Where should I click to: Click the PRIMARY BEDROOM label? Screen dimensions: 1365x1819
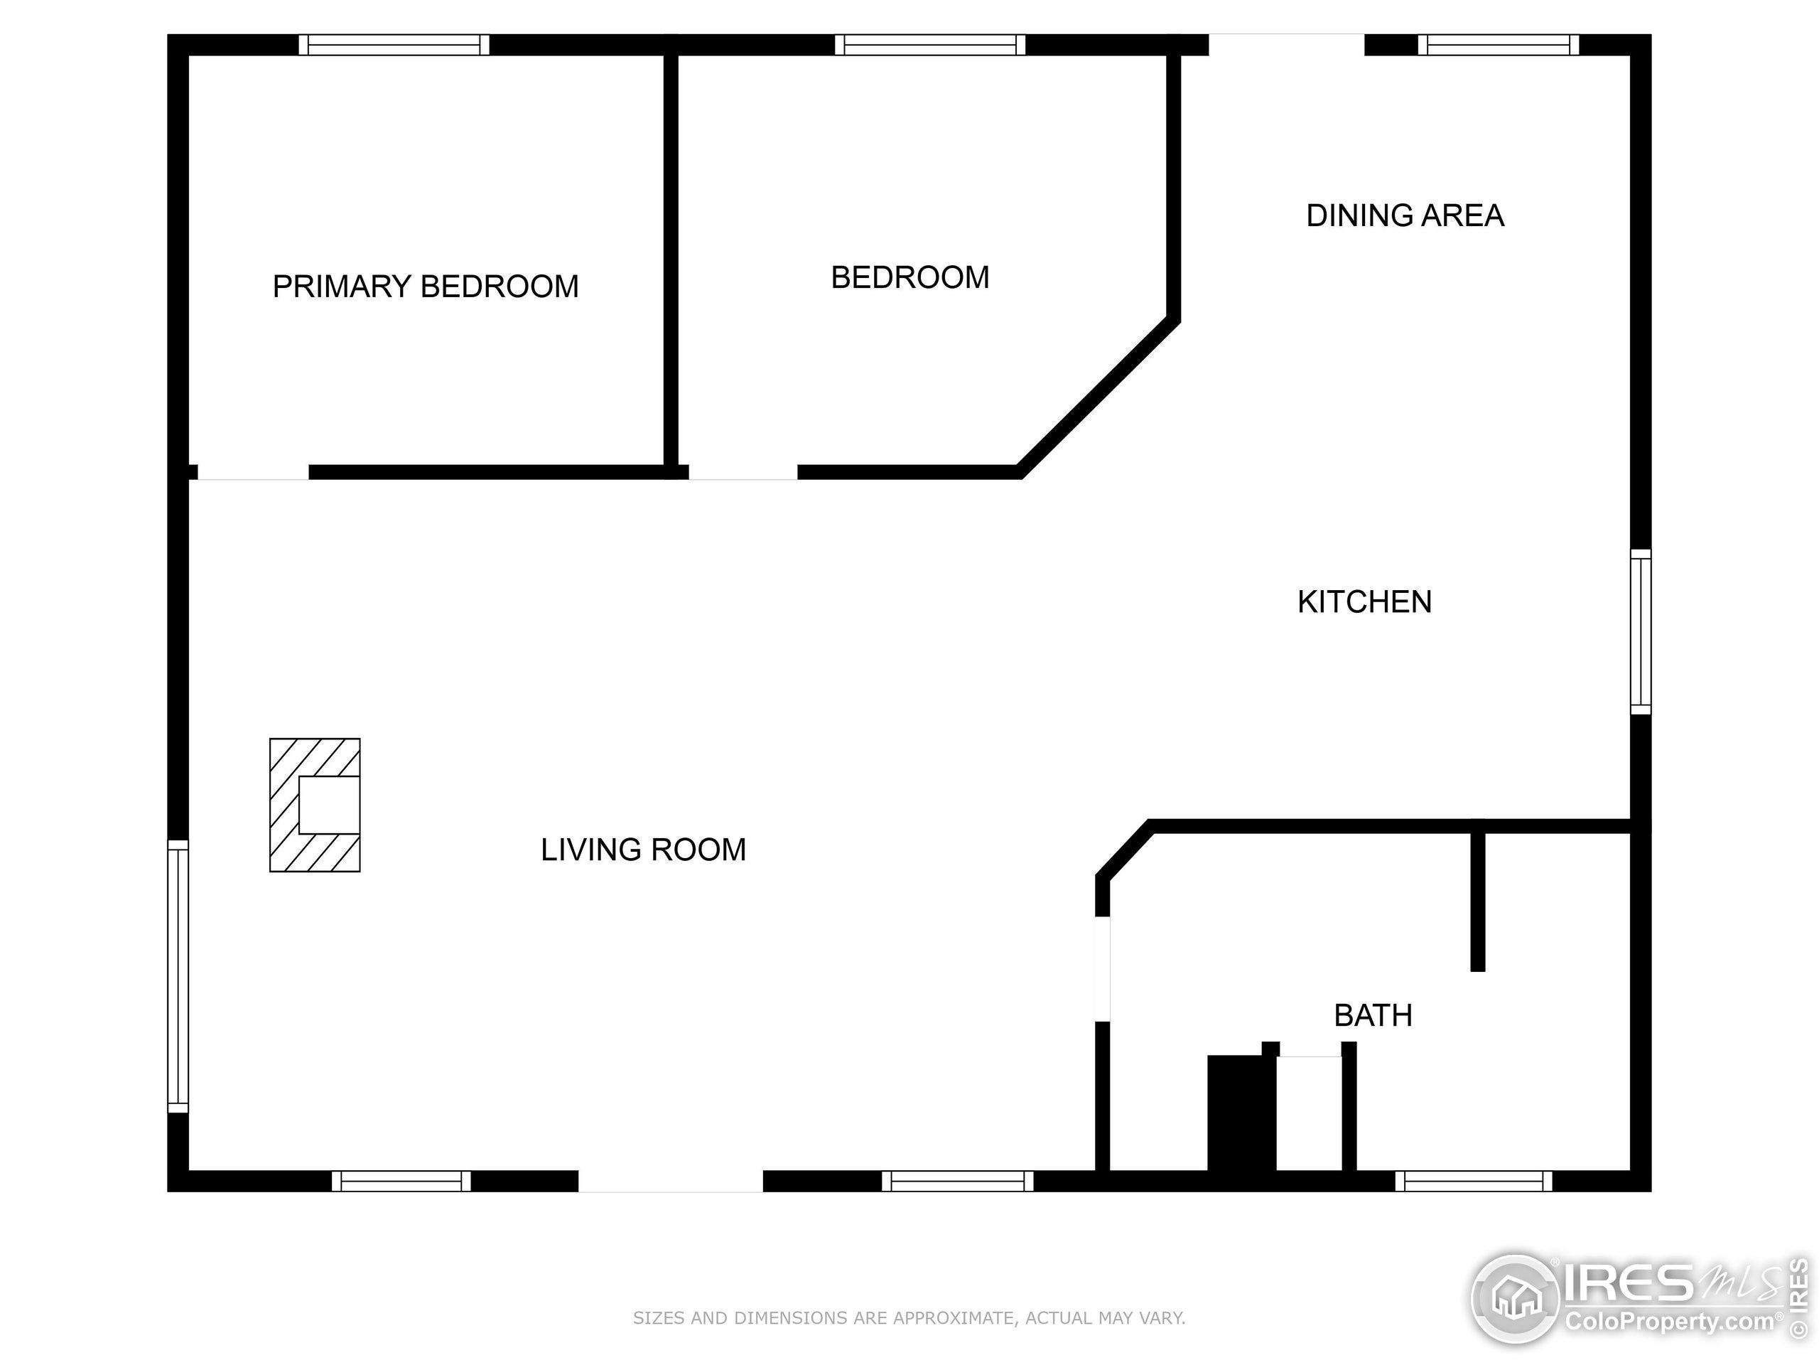coord(425,287)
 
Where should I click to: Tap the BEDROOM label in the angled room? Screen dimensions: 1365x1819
coord(909,277)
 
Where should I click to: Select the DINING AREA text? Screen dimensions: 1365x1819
coord(1405,215)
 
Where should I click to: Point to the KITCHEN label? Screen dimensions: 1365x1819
coord(1364,602)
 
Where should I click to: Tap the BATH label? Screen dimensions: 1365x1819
coord(1373,1015)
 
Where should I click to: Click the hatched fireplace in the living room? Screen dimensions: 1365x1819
coord(315,805)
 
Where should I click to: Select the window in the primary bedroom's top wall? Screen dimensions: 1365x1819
coord(394,44)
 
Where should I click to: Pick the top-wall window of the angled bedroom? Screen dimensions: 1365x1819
coord(930,44)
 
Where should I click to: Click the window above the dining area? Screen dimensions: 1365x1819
coord(1499,44)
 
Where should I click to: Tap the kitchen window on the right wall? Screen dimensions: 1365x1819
coord(1641,631)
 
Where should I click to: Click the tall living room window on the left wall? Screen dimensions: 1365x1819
coord(178,976)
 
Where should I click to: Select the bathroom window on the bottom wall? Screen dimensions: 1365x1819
coord(1474,1182)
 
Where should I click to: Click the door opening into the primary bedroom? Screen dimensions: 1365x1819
coord(252,472)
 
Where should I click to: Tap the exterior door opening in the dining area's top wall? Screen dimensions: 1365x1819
coord(1286,44)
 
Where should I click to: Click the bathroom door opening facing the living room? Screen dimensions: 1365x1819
coord(1103,969)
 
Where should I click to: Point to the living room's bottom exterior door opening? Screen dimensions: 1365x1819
coord(670,1182)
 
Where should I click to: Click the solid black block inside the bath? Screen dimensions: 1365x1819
coord(1241,1113)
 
